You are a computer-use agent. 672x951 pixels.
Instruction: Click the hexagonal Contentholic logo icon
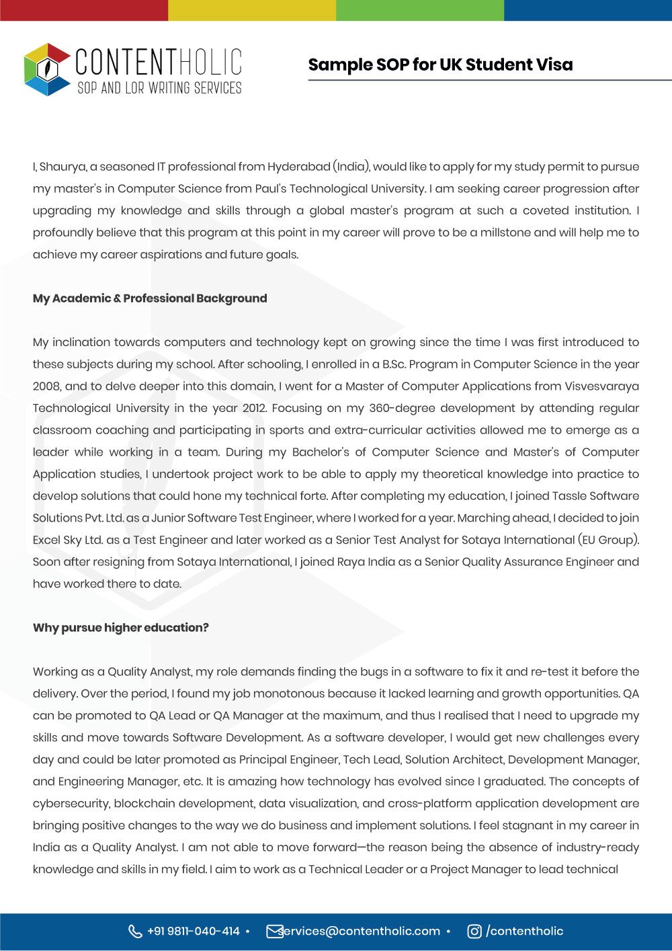(x=46, y=69)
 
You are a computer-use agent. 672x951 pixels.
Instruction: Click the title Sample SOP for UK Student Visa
(x=440, y=65)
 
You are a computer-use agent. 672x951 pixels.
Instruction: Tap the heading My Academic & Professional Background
(x=150, y=298)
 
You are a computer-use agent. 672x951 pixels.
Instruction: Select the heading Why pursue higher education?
(x=121, y=628)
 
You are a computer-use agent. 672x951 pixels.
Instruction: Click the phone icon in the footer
(x=135, y=931)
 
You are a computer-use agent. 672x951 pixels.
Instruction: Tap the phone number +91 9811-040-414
(x=194, y=931)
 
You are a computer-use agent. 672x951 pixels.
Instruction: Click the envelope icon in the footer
(x=274, y=931)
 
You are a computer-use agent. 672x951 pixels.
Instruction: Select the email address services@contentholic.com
(x=360, y=931)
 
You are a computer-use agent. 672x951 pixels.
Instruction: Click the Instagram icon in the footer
(x=474, y=931)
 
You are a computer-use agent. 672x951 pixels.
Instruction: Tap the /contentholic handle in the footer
(x=525, y=931)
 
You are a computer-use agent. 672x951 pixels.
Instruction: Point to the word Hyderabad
(x=298, y=167)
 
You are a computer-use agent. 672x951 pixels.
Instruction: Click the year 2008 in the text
(x=46, y=386)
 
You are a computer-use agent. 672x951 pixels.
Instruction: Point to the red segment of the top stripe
(x=84, y=10)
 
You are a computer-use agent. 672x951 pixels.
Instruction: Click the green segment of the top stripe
(x=420, y=10)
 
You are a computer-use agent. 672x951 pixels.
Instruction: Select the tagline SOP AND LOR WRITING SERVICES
(x=159, y=88)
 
